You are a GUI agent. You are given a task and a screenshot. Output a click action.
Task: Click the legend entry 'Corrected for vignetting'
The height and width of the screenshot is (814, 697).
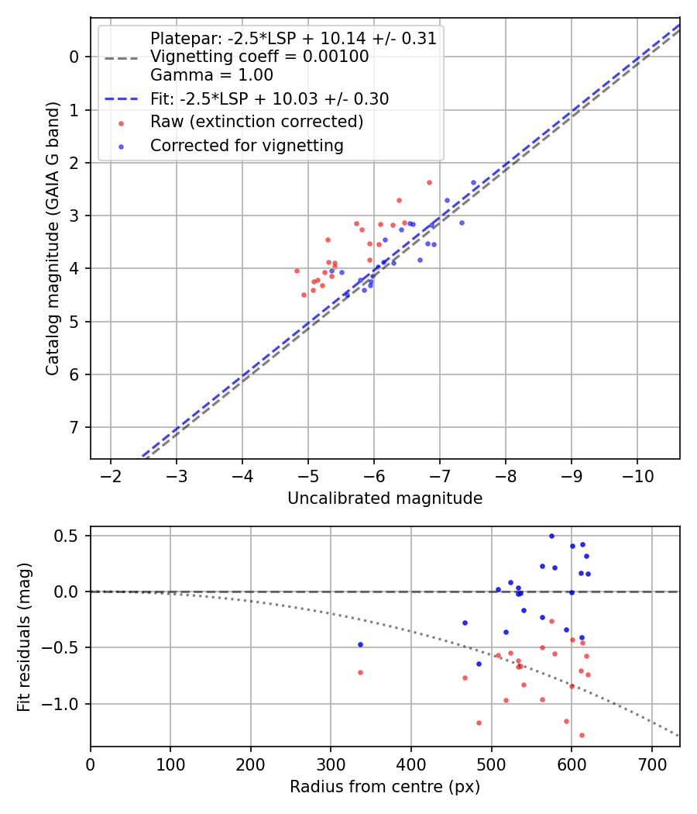coord(247,146)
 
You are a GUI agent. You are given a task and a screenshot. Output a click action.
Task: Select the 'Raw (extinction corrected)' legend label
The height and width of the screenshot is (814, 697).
coord(256,122)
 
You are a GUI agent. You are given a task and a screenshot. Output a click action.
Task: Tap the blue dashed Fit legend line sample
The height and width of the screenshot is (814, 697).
coord(122,98)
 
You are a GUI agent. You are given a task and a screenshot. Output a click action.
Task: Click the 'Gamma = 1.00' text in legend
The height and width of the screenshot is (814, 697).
coord(211,74)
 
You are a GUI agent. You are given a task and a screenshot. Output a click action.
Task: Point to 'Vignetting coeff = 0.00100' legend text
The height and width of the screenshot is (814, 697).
coord(259,56)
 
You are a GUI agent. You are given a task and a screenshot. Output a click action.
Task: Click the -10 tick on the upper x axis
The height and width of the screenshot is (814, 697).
coord(637,476)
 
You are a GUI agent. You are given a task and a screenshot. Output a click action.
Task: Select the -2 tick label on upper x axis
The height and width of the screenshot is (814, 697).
coord(111,476)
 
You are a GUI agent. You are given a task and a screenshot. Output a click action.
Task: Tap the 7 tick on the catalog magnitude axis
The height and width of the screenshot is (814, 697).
coord(74,427)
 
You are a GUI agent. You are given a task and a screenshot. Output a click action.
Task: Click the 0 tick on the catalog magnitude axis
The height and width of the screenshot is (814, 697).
coord(74,57)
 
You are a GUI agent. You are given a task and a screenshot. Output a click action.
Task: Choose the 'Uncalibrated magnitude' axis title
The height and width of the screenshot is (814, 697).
coord(385,498)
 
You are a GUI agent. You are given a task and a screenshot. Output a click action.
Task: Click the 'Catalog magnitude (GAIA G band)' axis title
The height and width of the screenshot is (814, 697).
coord(52,238)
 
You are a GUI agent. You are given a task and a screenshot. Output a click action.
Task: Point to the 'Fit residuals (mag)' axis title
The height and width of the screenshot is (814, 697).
coord(24,637)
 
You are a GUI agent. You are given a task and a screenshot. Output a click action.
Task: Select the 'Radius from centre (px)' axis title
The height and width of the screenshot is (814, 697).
coord(385,787)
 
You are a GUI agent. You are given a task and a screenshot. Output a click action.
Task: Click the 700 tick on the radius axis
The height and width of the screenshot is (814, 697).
coord(651,764)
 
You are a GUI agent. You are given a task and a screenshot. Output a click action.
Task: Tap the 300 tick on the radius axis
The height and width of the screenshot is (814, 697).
coord(331,764)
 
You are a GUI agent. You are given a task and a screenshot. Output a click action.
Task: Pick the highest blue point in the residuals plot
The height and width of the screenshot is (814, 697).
coord(551,536)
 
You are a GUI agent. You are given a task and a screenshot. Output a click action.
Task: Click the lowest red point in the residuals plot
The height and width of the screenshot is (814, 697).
coord(582,735)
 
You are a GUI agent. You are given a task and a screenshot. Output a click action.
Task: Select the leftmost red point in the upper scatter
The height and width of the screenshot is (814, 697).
coord(297,271)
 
